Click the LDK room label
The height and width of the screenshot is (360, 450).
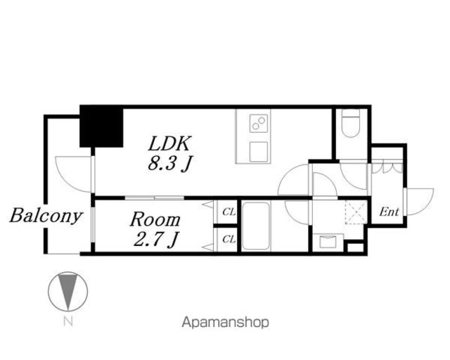click(x=169, y=144)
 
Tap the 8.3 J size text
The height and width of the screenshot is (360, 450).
click(x=170, y=164)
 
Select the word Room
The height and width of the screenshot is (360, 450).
click(x=155, y=219)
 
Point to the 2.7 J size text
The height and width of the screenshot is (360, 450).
click(x=155, y=239)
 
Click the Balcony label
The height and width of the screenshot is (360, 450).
click(x=46, y=215)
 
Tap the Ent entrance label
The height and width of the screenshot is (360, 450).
click(x=389, y=212)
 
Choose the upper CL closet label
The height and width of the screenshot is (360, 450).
click(x=229, y=212)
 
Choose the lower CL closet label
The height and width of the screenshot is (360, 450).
click(x=229, y=239)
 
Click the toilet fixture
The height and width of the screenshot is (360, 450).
click(x=351, y=123)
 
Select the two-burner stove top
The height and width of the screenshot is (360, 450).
click(x=259, y=123)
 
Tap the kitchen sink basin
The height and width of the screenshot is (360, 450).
click(x=259, y=152)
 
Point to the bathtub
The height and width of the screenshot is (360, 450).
click(x=256, y=226)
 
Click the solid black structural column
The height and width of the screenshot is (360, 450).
click(x=101, y=127)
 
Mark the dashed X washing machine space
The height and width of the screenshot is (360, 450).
click(x=356, y=212)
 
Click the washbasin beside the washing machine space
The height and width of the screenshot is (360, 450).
click(x=328, y=243)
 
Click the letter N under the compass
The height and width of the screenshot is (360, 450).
click(x=68, y=321)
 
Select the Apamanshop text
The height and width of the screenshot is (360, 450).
click(x=226, y=323)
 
